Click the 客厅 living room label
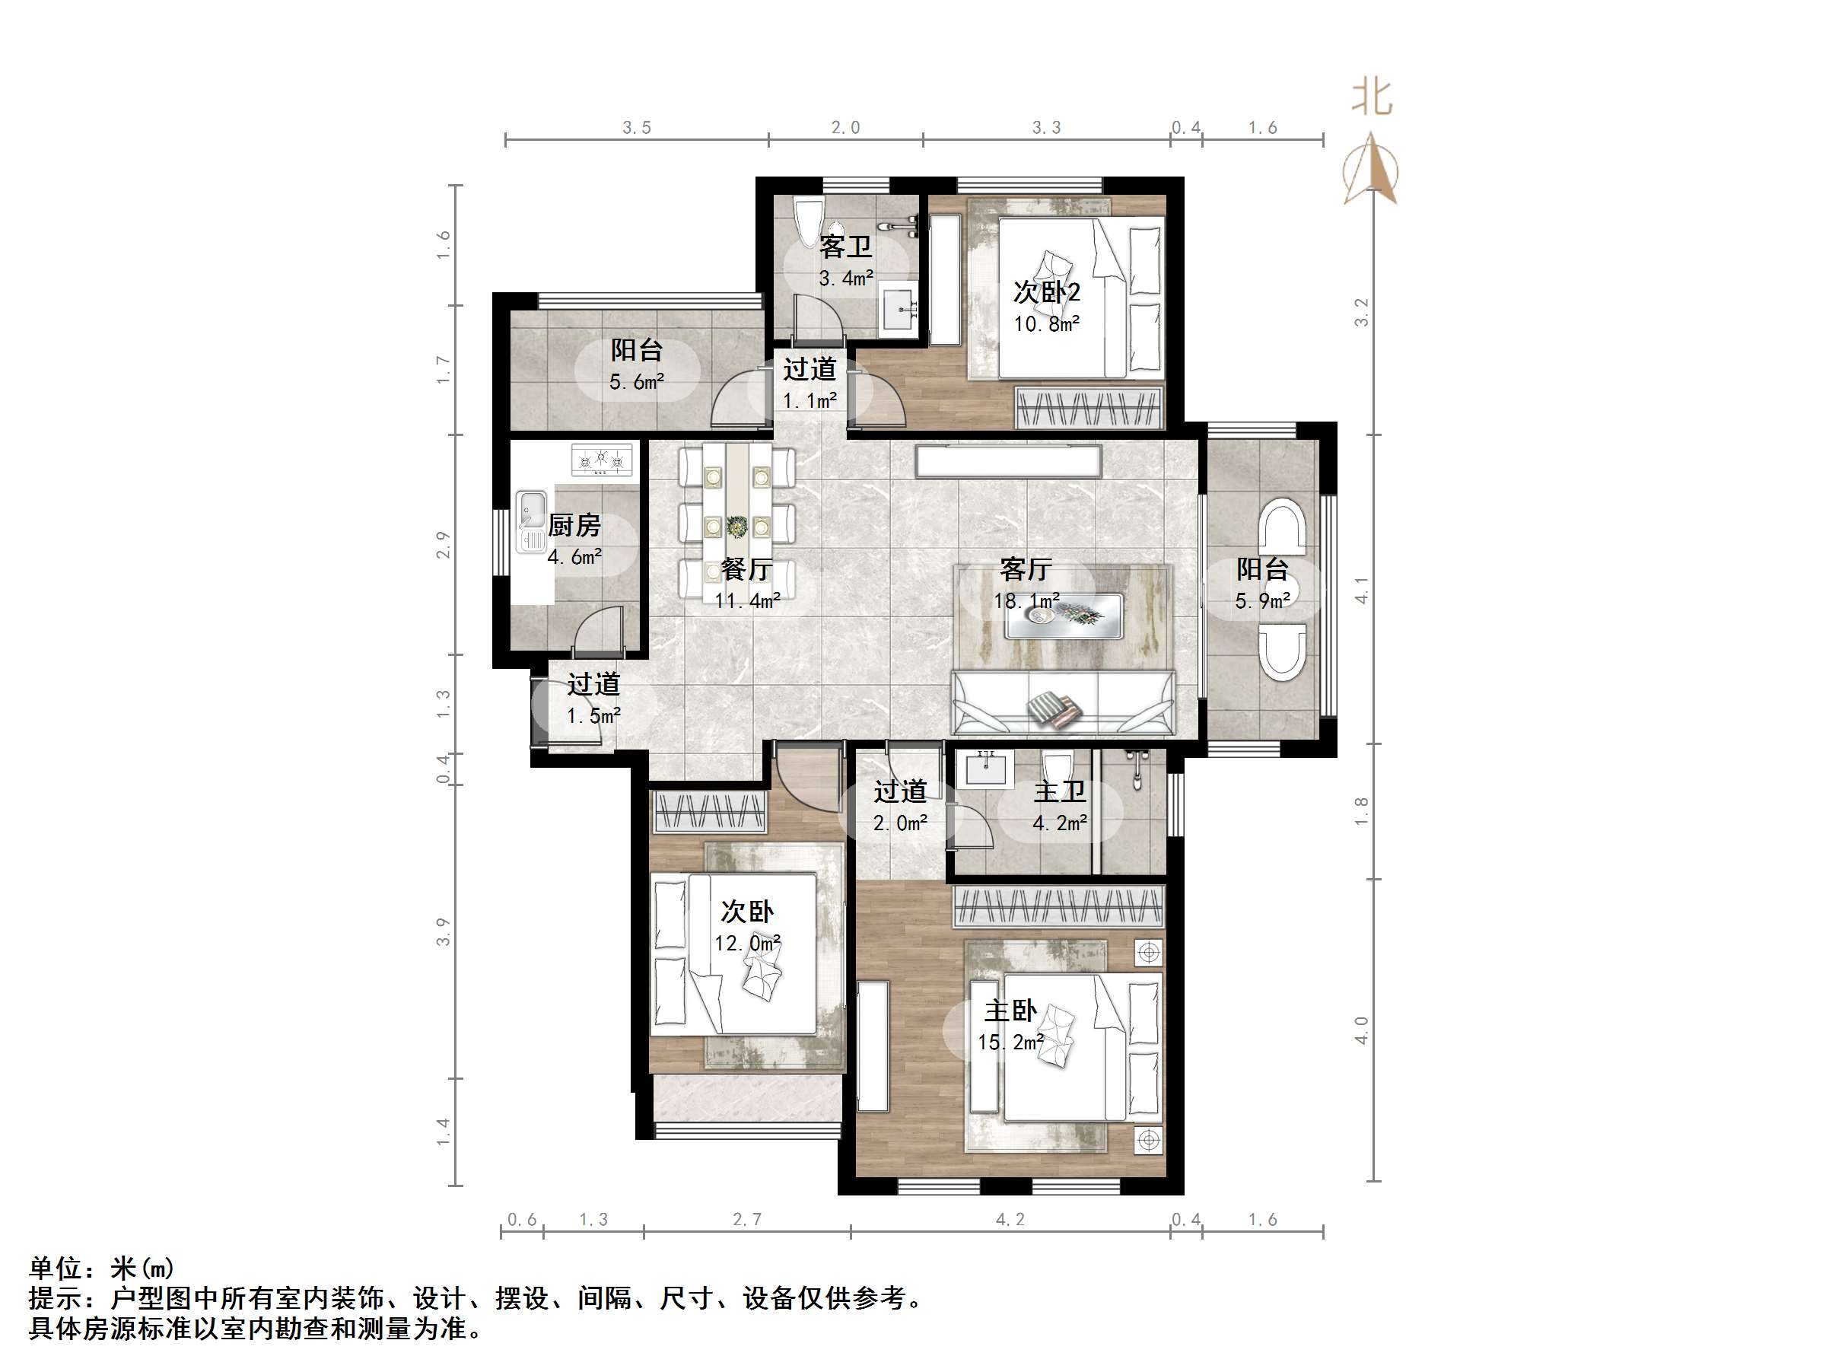click(x=1026, y=569)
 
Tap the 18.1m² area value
click(x=1026, y=601)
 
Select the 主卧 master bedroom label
click(x=1010, y=1011)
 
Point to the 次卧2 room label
click(x=1047, y=292)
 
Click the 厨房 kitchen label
click(x=574, y=525)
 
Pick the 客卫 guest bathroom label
click(x=846, y=247)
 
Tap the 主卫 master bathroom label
click(x=1059, y=791)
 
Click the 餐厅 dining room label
click(x=746, y=569)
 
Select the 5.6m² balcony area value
click(x=637, y=382)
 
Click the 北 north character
click(x=1372, y=97)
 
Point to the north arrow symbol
click(x=1373, y=170)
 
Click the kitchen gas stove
click(x=602, y=459)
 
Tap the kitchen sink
click(x=531, y=511)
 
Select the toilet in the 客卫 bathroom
click(x=808, y=221)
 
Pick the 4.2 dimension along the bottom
click(x=1010, y=1219)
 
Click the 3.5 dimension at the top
click(x=637, y=127)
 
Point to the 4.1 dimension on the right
click(x=1361, y=590)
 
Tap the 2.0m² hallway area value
click(x=899, y=823)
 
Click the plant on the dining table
click(x=736, y=526)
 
